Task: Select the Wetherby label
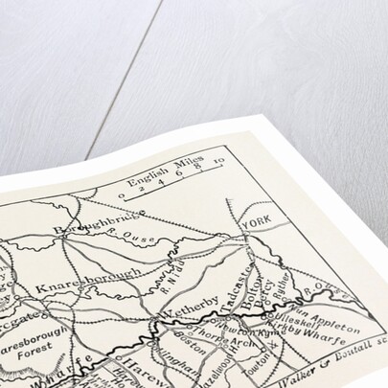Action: point(182,313)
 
